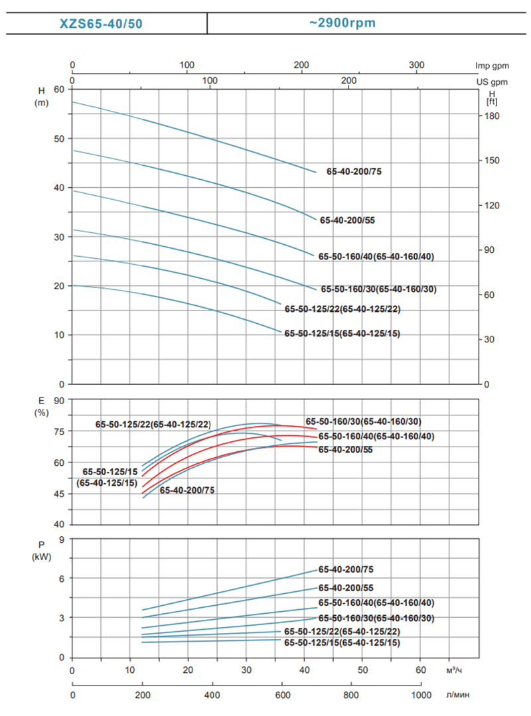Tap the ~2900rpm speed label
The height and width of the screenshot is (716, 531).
pyautogui.click(x=342, y=23)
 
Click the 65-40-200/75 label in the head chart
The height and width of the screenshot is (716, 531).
pyautogui.click(x=354, y=171)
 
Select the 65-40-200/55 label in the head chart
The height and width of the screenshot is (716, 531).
pyautogui.click(x=347, y=220)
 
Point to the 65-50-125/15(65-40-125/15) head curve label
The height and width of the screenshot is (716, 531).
pyautogui.click(x=342, y=334)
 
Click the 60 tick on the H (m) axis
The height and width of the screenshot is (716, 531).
pyautogui.click(x=60, y=89)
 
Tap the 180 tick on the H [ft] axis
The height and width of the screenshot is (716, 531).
pyautogui.click(x=491, y=116)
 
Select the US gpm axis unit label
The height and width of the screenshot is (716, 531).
pyautogui.click(x=491, y=82)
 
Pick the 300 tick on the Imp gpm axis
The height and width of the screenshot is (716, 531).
pyautogui.click(x=416, y=65)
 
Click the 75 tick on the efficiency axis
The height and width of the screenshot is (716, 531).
pyautogui.click(x=59, y=431)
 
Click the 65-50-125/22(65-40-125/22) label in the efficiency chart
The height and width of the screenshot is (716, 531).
pyautogui.click(x=153, y=423)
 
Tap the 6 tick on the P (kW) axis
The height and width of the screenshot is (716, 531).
pyautogui.click(x=60, y=579)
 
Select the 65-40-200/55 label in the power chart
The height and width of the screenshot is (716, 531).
pyautogui.click(x=346, y=588)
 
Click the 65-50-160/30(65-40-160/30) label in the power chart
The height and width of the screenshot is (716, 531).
pyautogui.click(x=376, y=618)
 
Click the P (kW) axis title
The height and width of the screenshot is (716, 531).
pyautogui.click(x=41, y=550)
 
